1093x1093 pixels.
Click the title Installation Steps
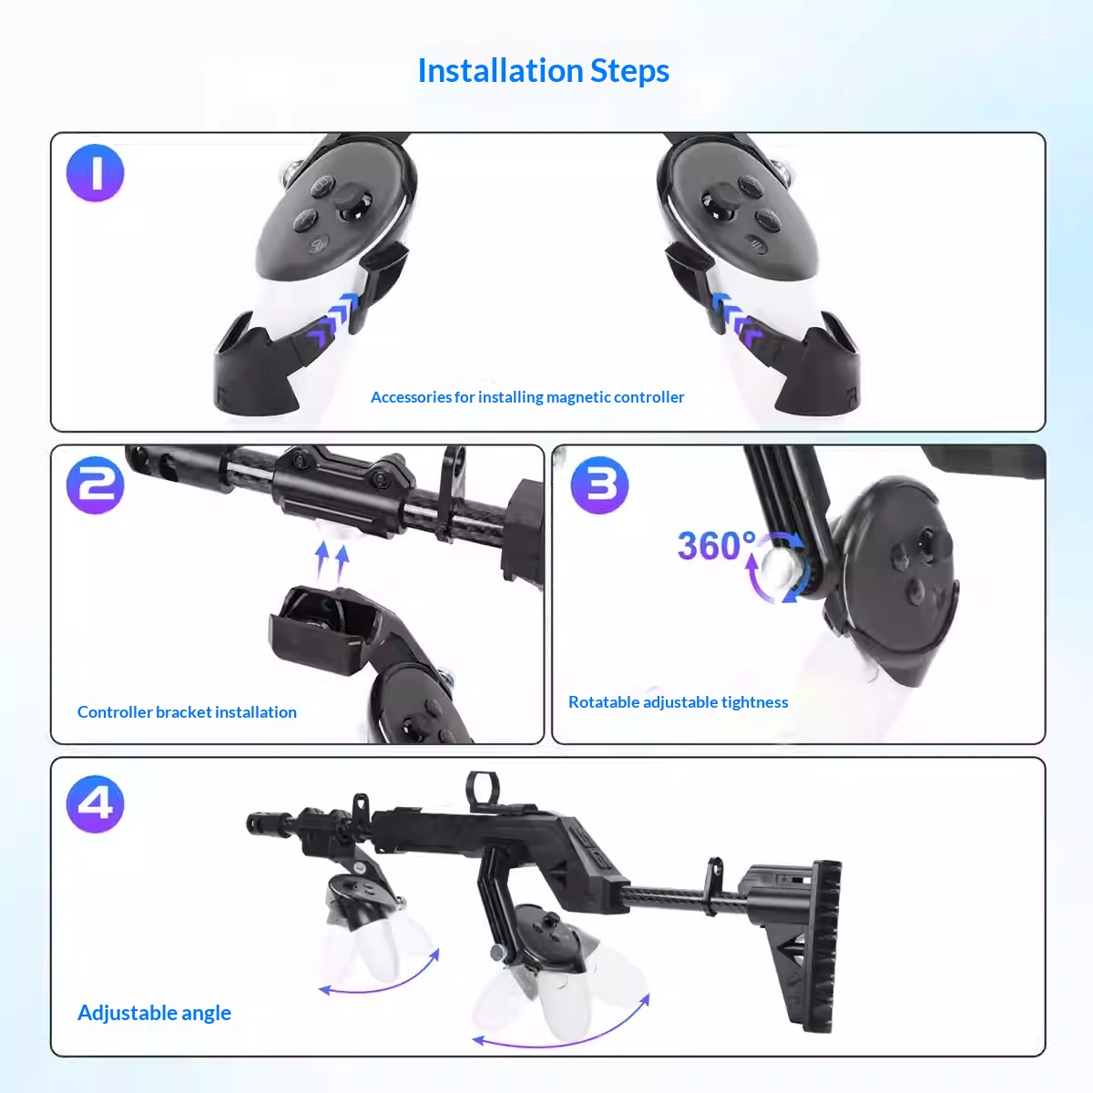coord(543,71)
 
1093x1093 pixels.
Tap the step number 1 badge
coord(95,173)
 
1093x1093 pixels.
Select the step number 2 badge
coord(95,485)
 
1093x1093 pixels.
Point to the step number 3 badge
coord(599,485)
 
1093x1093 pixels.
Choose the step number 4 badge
coord(95,804)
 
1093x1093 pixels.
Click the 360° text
coord(716,546)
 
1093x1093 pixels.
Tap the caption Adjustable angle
coord(154,1013)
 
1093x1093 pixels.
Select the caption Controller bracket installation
coord(187,712)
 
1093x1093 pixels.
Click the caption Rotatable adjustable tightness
coord(678,702)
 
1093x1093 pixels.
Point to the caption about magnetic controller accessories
coord(527,397)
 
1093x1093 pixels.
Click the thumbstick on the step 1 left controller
coord(352,203)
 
